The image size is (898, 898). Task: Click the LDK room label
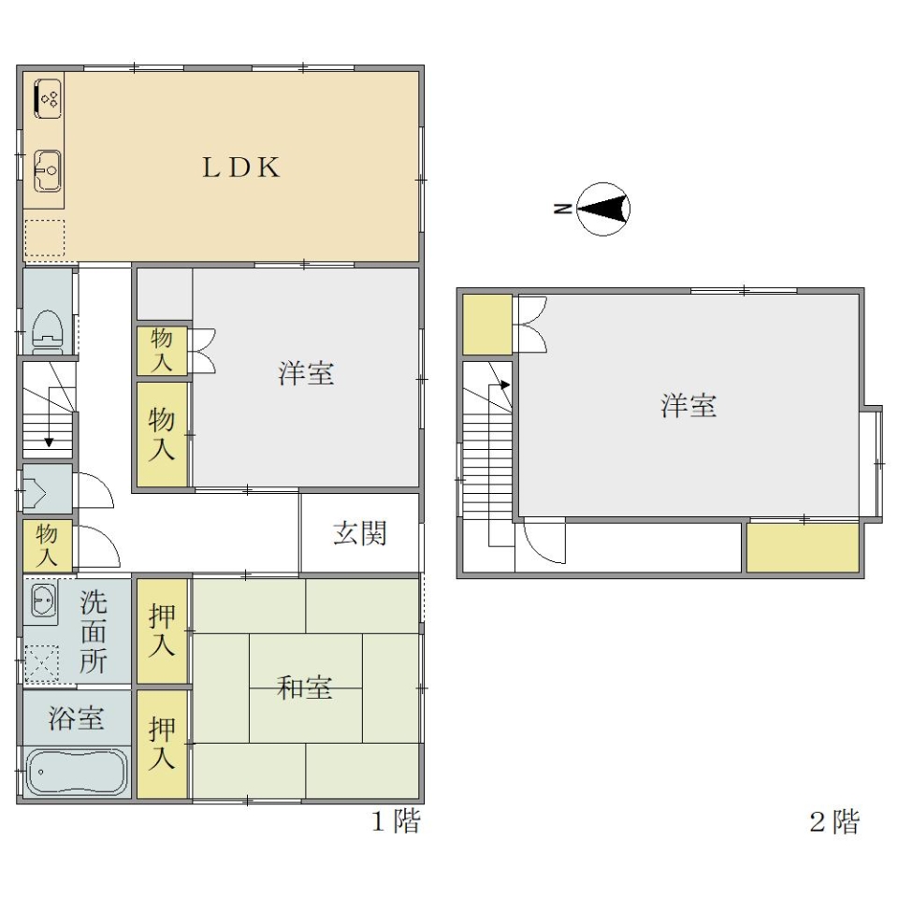click(241, 167)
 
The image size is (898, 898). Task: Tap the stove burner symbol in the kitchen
click(48, 99)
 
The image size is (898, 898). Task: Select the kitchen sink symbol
click(48, 170)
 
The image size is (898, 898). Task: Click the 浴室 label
click(76, 717)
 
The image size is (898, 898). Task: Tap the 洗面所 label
click(93, 631)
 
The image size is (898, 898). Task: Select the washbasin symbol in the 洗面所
click(43, 602)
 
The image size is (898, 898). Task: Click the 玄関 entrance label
click(360, 533)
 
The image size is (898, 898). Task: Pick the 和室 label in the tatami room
click(305, 688)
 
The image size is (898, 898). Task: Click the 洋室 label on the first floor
click(306, 373)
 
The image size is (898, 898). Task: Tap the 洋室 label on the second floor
click(688, 405)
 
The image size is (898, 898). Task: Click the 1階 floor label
click(396, 821)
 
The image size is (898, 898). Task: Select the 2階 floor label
click(834, 822)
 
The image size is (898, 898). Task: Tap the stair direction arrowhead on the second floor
click(504, 384)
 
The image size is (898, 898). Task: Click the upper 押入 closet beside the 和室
click(162, 630)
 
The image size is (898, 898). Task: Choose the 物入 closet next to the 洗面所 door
click(48, 545)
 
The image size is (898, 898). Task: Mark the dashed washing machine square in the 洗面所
click(42, 664)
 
